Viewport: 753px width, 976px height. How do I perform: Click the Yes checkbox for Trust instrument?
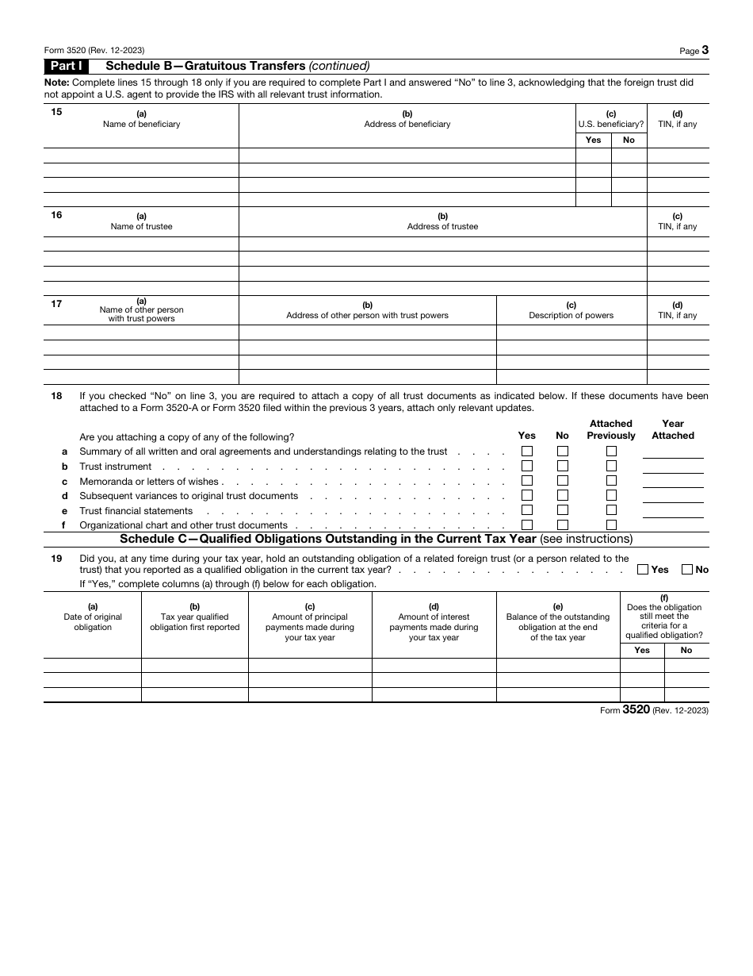(x=527, y=466)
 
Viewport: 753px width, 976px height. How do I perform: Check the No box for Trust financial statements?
(x=563, y=510)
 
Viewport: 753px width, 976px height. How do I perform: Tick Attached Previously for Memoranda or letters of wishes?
(x=611, y=480)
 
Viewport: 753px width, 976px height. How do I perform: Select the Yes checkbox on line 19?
(x=644, y=569)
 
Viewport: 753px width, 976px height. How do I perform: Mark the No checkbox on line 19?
(x=687, y=569)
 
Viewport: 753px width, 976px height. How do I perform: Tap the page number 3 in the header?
(x=705, y=50)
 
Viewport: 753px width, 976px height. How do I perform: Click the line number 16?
(x=56, y=215)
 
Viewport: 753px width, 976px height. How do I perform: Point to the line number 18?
(x=56, y=396)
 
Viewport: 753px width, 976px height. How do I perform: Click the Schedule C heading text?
(x=328, y=540)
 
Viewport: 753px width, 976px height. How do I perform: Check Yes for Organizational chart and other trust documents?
(x=527, y=525)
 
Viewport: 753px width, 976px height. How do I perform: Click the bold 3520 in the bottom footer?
(x=636, y=710)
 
